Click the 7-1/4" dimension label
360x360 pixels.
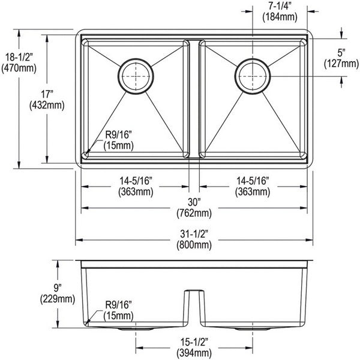[280, 5]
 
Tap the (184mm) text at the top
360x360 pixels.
[280, 17]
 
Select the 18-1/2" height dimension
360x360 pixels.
[19, 57]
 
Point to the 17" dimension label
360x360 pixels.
[47, 94]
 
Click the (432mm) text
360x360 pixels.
[47, 106]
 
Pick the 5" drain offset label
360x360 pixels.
[341, 53]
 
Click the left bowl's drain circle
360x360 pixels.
[136, 76]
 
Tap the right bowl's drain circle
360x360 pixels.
[253, 76]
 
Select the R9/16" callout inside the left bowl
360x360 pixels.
[118, 135]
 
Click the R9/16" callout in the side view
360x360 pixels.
[118, 305]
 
